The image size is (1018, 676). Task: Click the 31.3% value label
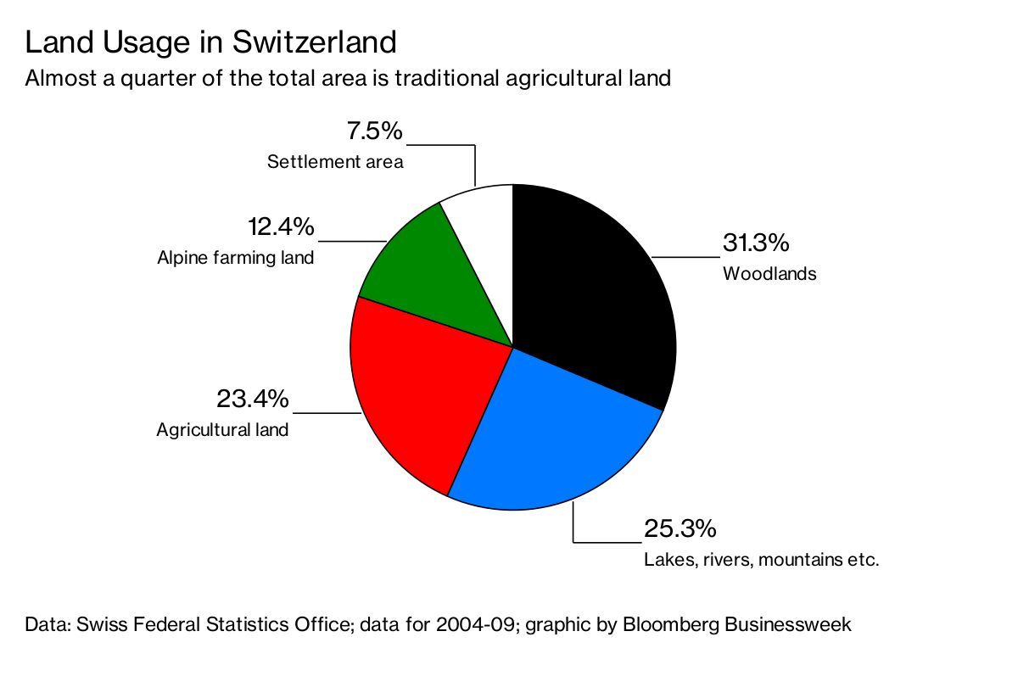pyautogui.click(x=756, y=243)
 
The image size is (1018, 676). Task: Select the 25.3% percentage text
pyautogui.click(x=680, y=529)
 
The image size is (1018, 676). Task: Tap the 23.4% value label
pyautogui.click(x=253, y=399)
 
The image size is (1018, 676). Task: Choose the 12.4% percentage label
pyautogui.click(x=281, y=227)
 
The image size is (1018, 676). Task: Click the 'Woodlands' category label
pyautogui.click(x=769, y=274)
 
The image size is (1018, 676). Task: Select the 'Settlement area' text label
pyautogui.click(x=335, y=161)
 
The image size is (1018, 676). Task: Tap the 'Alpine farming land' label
pyautogui.click(x=236, y=258)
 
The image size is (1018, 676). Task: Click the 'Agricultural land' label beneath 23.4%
pyautogui.click(x=222, y=430)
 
